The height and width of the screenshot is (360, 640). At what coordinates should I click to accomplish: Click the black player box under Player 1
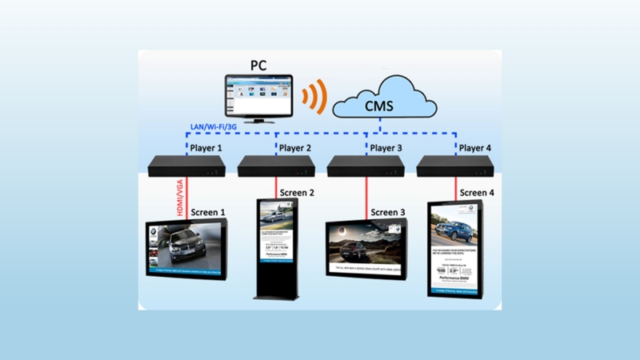(x=186, y=166)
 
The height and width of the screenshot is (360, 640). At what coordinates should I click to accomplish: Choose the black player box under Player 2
(x=276, y=166)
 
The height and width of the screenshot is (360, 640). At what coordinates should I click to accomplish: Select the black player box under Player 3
(x=366, y=166)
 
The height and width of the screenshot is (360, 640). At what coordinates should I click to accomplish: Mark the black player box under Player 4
(x=456, y=166)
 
